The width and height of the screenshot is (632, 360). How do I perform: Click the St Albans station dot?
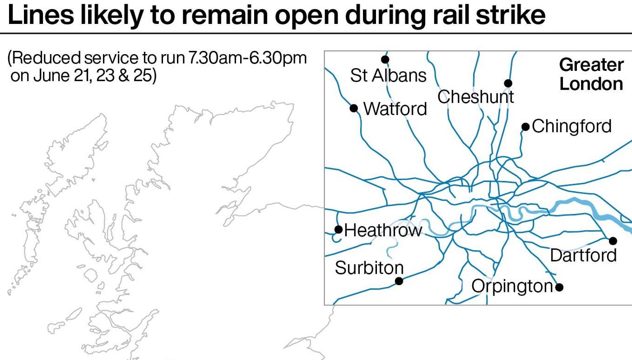(385, 60)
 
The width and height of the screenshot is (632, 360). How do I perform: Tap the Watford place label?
(395, 109)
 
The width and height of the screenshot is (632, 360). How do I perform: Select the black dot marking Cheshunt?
(508, 83)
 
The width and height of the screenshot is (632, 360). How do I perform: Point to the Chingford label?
(572, 126)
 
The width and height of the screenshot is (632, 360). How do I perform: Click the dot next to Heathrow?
(338, 229)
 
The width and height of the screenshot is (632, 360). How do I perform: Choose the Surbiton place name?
(369, 268)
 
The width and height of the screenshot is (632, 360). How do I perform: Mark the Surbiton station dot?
(399, 281)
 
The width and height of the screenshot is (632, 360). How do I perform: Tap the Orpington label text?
(512, 286)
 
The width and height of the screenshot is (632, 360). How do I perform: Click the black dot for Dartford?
(613, 241)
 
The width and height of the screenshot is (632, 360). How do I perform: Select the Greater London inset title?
(591, 74)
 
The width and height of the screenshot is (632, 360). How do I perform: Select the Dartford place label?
(583, 255)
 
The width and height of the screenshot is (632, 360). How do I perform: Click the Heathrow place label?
(383, 231)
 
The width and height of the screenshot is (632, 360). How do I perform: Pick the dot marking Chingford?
(525, 127)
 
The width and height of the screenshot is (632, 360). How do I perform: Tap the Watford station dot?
(354, 108)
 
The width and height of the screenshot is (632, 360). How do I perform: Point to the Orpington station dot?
(559, 287)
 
